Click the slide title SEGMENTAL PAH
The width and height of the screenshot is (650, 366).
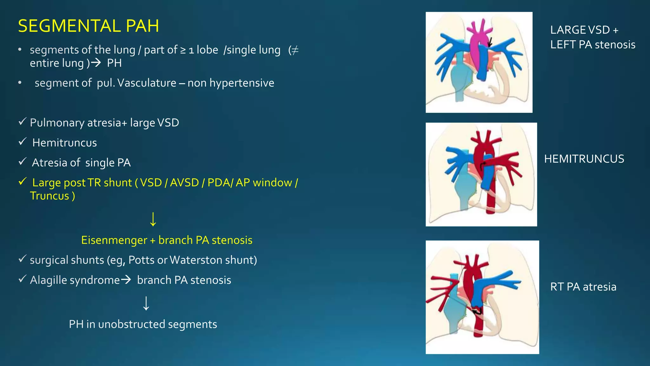pos(88,26)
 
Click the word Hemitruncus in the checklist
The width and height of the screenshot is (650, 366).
pos(64,143)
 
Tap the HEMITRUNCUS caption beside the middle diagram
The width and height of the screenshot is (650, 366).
pos(584,159)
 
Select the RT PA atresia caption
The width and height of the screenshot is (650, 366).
pos(583,287)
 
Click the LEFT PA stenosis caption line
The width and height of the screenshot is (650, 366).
pos(593,44)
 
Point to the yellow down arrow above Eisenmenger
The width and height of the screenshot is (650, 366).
pos(153,219)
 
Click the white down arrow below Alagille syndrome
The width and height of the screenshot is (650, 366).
pos(146,303)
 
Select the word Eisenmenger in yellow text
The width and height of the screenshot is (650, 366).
pos(114,240)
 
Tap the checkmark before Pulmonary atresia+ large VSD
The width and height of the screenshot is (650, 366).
pos(22,121)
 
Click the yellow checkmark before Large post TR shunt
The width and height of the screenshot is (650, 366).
pos(22,181)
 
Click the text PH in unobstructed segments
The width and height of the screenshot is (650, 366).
pos(143,324)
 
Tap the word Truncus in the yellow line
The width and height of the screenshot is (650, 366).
pos(50,196)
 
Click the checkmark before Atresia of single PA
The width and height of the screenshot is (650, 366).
pos(22,161)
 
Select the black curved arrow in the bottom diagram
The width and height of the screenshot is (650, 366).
pos(477,311)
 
